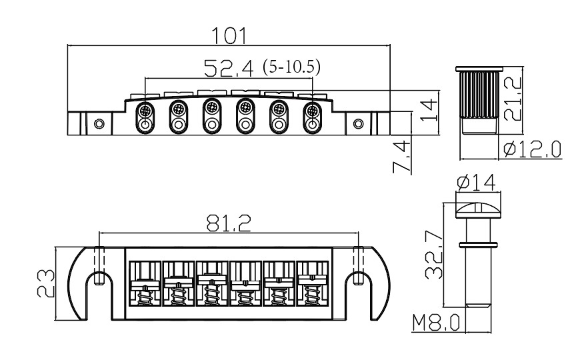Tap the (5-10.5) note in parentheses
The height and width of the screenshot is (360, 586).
point(291,67)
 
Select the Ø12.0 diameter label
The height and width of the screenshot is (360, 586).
point(532,149)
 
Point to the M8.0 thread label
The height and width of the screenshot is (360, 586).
point(435,323)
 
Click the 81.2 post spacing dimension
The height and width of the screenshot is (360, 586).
point(229,224)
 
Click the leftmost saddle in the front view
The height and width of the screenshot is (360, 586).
point(144,117)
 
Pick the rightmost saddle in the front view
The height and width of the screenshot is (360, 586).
point(311,117)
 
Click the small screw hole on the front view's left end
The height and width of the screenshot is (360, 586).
point(99,124)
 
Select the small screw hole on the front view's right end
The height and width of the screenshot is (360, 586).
point(359,124)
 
